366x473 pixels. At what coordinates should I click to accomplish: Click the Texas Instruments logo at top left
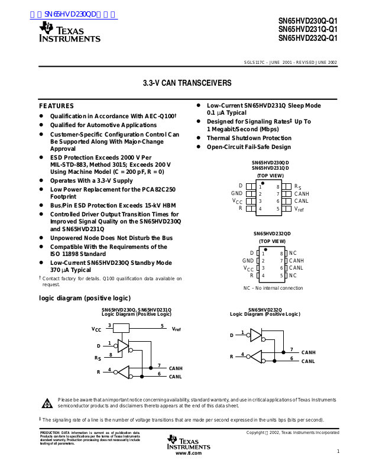pyautogui.click(x=69, y=32)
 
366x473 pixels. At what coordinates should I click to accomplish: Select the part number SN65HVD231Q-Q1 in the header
pyautogui.click(x=307, y=28)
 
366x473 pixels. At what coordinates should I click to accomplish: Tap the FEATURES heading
pyautogui.click(x=56, y=106)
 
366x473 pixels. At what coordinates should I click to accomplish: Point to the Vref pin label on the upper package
pyautogui.click(x=299, y=209)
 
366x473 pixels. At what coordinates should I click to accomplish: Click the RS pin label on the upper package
pyautogui.click(x=297, y=187)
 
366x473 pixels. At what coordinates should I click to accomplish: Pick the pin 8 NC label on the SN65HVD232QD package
pyautogui.click(x=293, y=253)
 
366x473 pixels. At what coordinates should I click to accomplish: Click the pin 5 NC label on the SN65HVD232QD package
pyautogui.click(x=293, y=276)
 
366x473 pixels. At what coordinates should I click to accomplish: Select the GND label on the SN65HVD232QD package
pyautogui.click(x=248, y=261)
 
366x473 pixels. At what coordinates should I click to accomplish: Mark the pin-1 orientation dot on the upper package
pyautogui.click(x=262, y=184)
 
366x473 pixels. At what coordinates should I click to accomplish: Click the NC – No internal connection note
pyautogui.click(x=273, y=288)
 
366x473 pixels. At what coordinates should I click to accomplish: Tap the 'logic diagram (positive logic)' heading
pyautogui.click(x=85, y=298)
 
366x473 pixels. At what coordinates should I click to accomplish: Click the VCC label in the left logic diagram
pyautogui.click(x=96, y=329)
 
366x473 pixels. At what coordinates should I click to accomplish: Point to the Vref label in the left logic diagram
pyautogui.click(x=176, y=329)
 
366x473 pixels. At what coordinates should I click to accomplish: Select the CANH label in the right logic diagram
pyautogui.click(x=308, y=352)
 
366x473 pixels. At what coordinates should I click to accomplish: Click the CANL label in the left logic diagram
pyautogui.click(x=176, y=377)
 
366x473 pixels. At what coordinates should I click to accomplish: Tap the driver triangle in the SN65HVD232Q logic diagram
pyautogui.click(x=255, y=336)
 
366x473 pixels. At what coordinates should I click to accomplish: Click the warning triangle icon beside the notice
pyautogui.click(x=47, y=404)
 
